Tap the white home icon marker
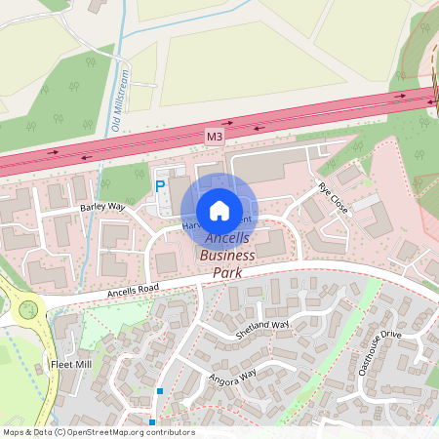[x=219, y=210]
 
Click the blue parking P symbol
[x=160, y=184]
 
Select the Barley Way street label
[x=103, y=207]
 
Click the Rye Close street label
[x=333, y=198]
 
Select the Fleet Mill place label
[x=69, y=365]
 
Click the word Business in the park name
[x=227, y=256]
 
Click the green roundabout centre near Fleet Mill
[x=27, y=310]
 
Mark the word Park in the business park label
[x=226, y=272]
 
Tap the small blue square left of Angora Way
[x=160, y=391]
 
